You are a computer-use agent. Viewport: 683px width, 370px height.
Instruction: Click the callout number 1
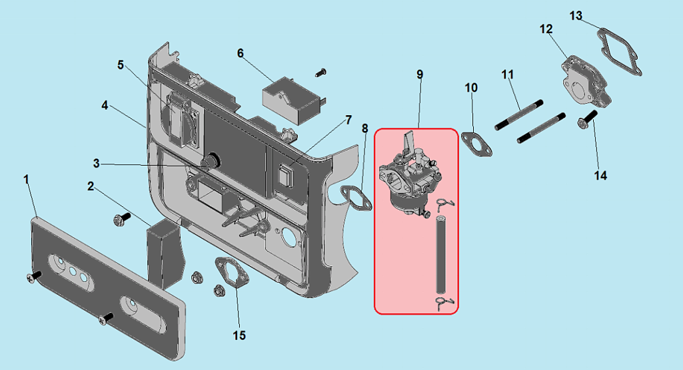pyautogui.click(x=26, y=180)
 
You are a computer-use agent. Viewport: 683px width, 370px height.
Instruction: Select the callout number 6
pyautogui.click(x=241, y=53)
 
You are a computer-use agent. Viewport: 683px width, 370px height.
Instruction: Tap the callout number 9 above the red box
pyautogui.click(x=420, y=74)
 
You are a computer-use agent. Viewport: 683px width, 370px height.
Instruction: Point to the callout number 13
pyautogui.click(x=576, y=15)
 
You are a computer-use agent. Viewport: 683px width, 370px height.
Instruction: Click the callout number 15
pyautogui.click(x=239, y=335)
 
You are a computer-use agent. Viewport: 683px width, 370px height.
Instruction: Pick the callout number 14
pyautogui.click(x=600, y=176)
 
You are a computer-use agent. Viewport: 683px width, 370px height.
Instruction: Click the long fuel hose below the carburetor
pyautogui.click(x=440, y=253)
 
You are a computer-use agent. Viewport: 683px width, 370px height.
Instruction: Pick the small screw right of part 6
pyautogui.click(x=321, y=71)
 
